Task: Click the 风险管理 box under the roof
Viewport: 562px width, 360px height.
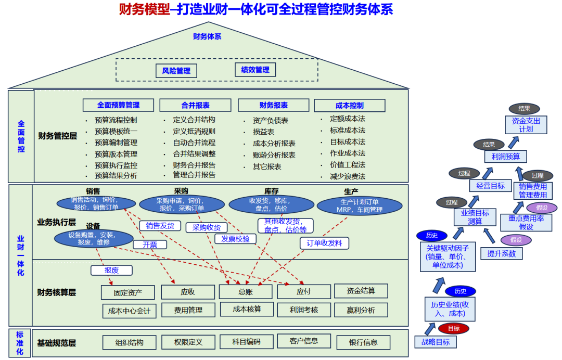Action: click(x=176, y=71)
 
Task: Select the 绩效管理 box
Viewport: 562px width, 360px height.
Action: click(x=255, y=70)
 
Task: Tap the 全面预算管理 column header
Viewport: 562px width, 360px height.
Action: click(x=118, y=105)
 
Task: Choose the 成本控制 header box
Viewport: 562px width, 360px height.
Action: click(x=349, y=106)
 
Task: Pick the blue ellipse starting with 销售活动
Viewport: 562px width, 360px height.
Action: click(x=94, y=203)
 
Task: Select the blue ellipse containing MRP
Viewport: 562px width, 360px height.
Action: click(x=359, y=205)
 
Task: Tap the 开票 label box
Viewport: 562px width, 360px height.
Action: click(x=150, y=245)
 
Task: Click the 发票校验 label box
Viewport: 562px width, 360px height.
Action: click(x=235, y=239)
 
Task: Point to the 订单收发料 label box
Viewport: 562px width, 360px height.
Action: click(x=324, y=243)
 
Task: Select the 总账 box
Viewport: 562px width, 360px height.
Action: click(x=246, y=292)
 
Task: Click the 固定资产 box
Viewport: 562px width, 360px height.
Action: click(x=128, y=292)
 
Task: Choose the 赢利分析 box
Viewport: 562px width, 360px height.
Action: click(x=361, y=310)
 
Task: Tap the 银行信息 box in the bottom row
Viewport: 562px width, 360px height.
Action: click(x=363, y=342)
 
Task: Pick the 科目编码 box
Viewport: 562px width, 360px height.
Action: click(x=246, y=342)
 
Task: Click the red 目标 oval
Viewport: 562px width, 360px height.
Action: click(x=453, y=328)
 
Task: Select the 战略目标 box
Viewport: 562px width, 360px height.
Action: click(x=436, y=342)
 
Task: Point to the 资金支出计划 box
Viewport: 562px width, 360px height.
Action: click(x=526, y=124)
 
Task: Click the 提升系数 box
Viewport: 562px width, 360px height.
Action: click(x=501, y=253)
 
